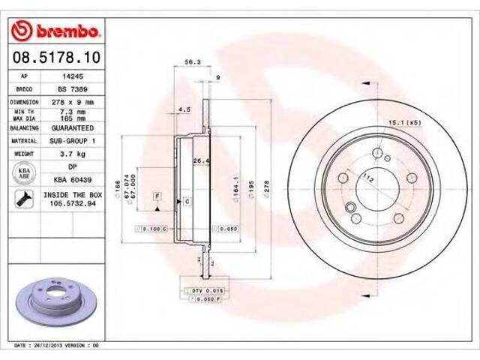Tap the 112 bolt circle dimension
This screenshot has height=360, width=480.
pos(368,178)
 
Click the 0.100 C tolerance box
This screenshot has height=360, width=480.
pos(153,228)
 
